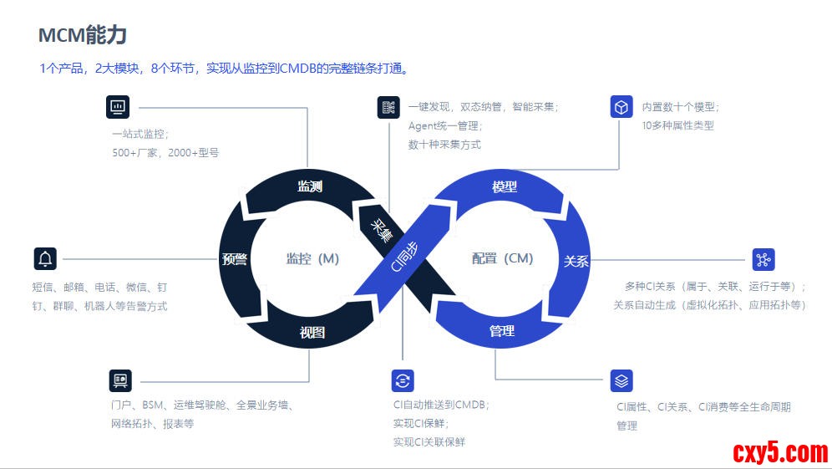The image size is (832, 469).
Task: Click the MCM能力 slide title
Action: [83, 35]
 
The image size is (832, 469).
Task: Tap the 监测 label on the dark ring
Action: [310, 186]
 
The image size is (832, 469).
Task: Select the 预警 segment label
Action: [235, 258]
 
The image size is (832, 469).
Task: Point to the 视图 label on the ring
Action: [312, 332]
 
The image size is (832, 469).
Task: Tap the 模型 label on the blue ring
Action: [505, 187]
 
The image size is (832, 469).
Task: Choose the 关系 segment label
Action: [576, 261]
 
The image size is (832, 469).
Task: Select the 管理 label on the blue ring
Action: [502, 331]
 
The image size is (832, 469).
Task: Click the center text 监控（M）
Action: [312, 258]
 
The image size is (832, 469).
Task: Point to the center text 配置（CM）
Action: [502, 258]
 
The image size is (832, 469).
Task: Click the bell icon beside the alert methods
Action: [45, 259]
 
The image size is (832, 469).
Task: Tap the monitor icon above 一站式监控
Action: [118, 107]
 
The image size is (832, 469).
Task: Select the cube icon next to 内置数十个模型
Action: [621, 107]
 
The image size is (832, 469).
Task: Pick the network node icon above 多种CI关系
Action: [763, 259]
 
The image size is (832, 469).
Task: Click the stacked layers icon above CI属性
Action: [621, 381]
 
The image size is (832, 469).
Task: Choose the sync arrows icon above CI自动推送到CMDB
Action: [403, 381]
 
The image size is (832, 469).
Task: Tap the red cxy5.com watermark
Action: [780, 452]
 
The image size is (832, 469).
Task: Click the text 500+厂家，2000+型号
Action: [165, 153]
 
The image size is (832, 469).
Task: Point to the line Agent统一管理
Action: [444, 125]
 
